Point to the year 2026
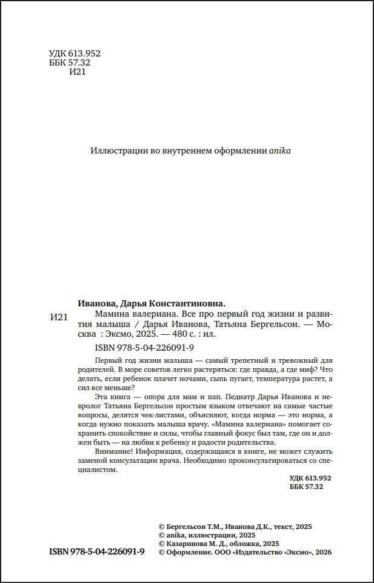click(323, 553)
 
